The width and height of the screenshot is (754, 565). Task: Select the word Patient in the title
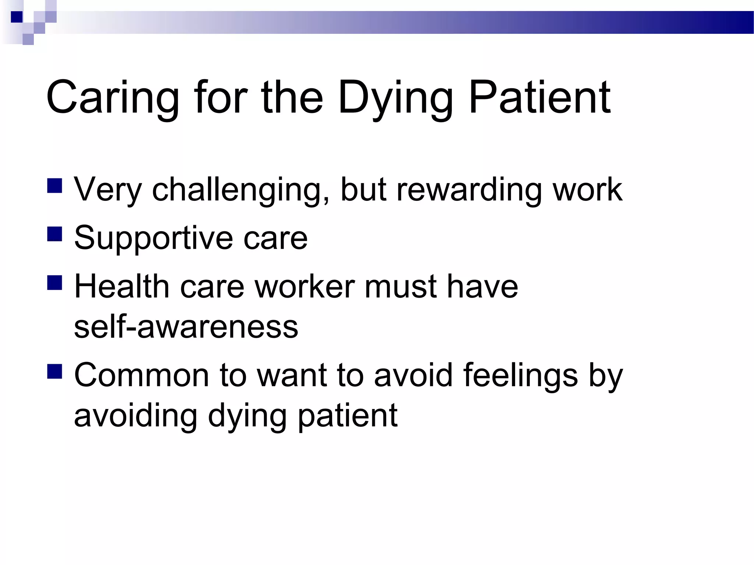[540, 97]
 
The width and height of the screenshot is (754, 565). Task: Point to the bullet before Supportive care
[54, 234]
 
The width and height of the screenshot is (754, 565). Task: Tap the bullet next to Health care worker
[54, 283]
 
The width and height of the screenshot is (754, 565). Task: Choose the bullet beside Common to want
[54, 372]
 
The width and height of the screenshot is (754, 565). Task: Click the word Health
[121, 287]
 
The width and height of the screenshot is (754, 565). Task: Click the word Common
[142, 376]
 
